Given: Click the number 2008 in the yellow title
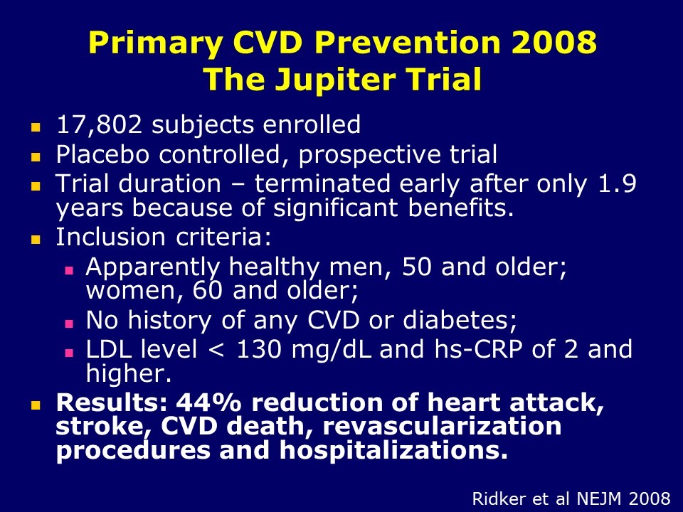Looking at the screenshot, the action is click(x=554, y=42).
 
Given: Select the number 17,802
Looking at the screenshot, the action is click(x=99, y=125).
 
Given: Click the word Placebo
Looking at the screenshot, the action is click(x=102, y=154).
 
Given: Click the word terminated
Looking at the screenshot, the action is click(x=322, y=183).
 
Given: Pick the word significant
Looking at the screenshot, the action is click(x=335, y=207).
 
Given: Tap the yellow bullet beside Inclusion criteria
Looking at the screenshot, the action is click(x=36, y=239).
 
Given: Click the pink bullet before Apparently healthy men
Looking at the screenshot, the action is click(x=69, y=270).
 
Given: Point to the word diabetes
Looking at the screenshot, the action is click(x=460, y=320).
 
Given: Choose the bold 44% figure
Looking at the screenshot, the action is click(x=208, y=402).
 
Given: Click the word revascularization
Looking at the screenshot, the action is click(x=442, y=426).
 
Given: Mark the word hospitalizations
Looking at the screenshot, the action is click(x=393, y=450).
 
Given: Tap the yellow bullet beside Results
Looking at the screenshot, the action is click(x=36, y=406).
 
